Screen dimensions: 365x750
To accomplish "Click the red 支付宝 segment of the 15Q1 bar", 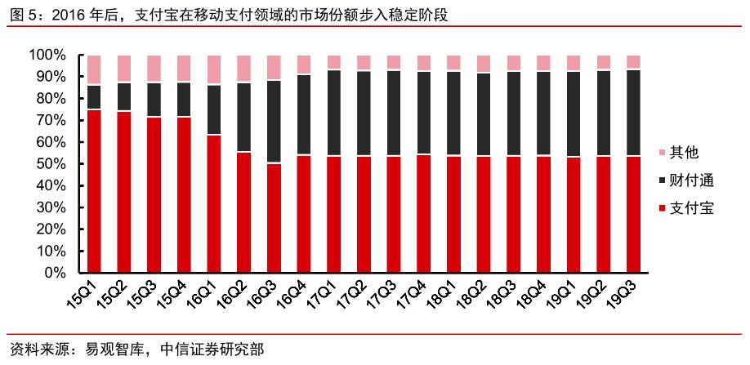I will [94, 190].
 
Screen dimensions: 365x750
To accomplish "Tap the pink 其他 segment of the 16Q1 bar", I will [214, 69].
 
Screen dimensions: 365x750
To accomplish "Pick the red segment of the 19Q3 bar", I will [633, 214].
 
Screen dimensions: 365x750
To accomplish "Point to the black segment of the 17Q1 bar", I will [334, 114].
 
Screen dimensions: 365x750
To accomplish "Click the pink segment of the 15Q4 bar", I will [184, 69].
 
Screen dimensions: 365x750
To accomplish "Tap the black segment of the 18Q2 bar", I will [484, 114].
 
